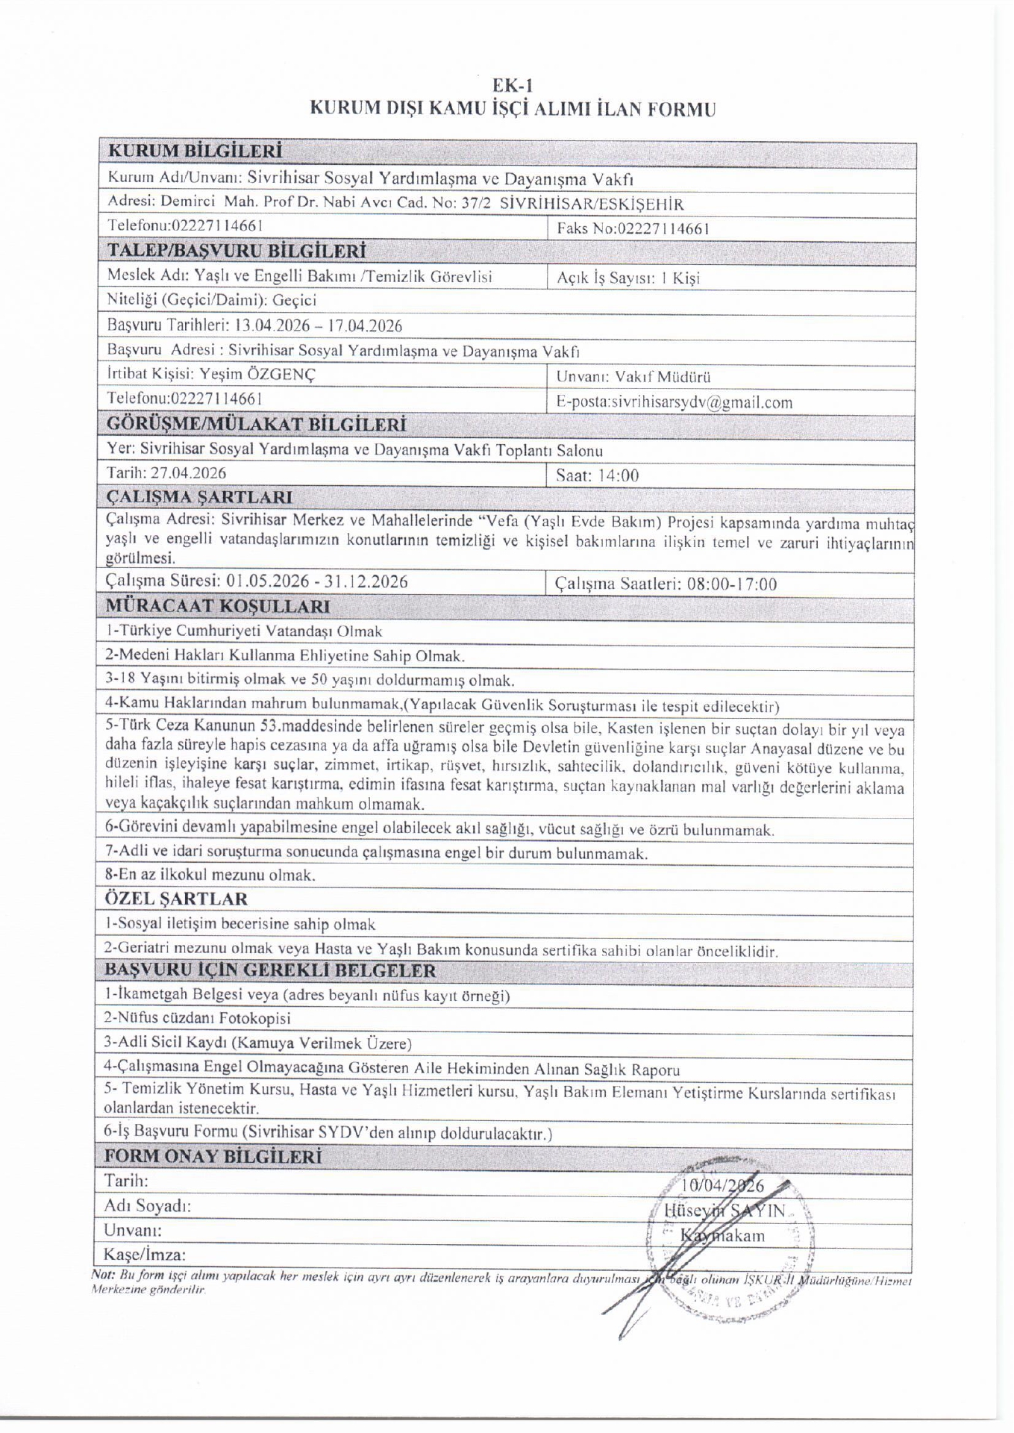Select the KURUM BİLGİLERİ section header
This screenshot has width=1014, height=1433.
(x=195, y=151)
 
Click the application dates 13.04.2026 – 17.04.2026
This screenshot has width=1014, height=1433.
(x=318, y=325)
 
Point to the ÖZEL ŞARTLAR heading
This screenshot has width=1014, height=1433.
(x=176, y=899)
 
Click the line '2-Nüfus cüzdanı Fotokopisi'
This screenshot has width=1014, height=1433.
(x=197, y=1018)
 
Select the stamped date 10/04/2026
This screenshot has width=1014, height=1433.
(x=723, y=1186)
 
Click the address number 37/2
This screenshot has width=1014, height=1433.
(x=477, y=204)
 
